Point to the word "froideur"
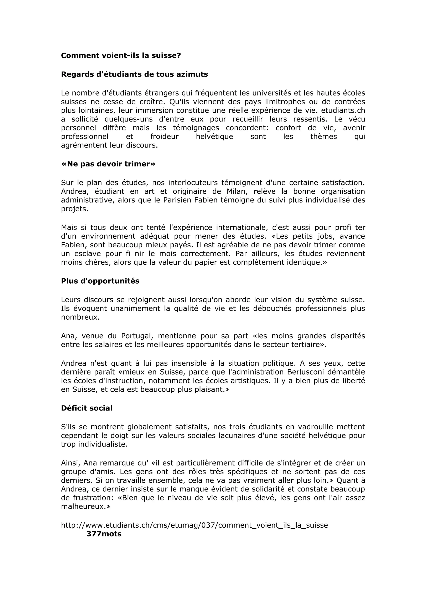pos(164,136)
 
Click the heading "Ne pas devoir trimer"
pos(108,164)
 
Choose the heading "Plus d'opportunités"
pos(100,281)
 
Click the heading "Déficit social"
pos(87,408)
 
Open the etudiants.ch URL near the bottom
pos(194,525)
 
